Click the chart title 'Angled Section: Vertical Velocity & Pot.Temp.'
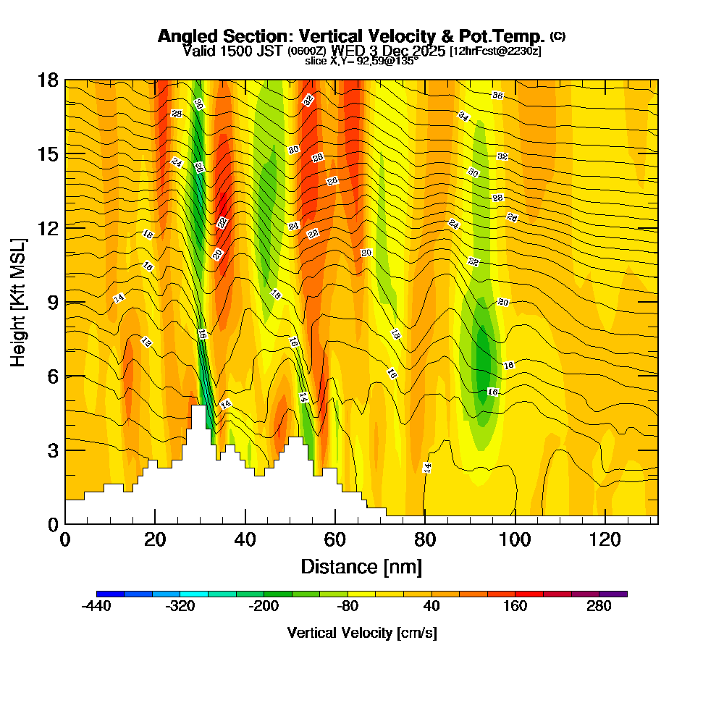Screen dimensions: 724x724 click(352, 37)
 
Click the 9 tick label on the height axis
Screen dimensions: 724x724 click(53, 302)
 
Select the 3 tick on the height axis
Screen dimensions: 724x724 click(53, 450)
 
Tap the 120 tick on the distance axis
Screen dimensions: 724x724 click(605, 540)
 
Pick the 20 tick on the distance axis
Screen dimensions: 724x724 click(155, 540)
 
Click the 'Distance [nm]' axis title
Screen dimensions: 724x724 click(361, 565)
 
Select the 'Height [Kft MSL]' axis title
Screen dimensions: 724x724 click(19, 301)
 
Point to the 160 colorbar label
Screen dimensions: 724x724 click(515, 607)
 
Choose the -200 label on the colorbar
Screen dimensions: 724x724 click(264, 607)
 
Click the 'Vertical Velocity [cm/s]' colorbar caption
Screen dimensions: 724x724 click(361, 633)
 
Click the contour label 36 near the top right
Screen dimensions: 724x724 click(497, 96)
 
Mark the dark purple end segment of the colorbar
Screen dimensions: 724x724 click(613, 594)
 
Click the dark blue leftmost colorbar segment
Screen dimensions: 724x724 click(110, 594)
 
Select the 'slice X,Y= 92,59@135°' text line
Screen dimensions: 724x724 click(361, 61)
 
